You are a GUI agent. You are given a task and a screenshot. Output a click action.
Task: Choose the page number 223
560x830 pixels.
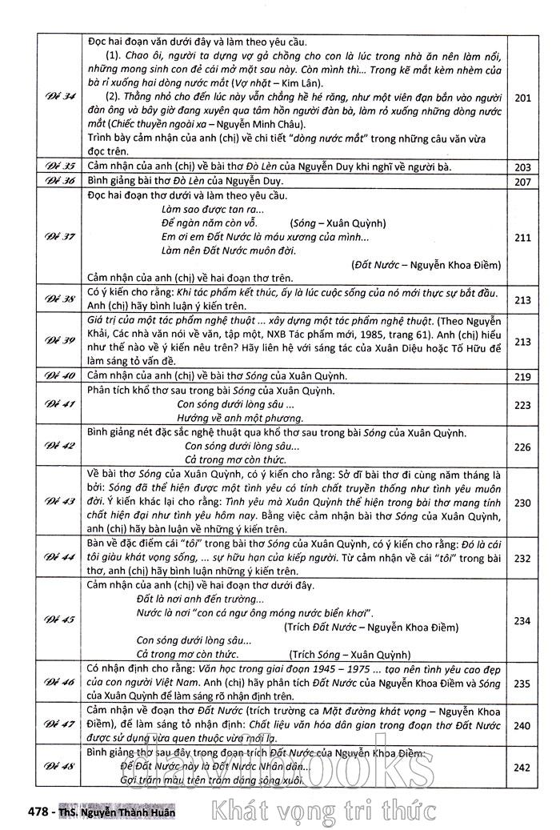coord(522,406)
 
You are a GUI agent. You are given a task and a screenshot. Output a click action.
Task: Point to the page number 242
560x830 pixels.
coord(522,768)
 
